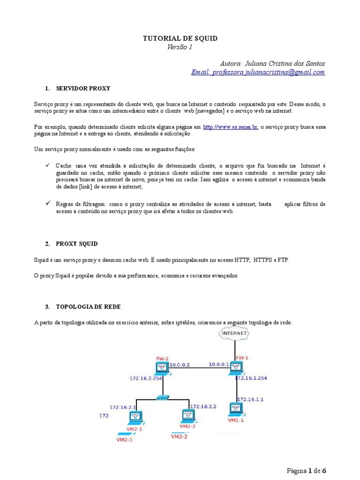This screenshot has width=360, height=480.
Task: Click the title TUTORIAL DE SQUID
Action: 180,38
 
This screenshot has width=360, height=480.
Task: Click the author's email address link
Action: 258,72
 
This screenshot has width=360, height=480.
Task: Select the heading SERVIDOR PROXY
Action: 83,88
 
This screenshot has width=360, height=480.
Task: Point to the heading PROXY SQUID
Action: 77,244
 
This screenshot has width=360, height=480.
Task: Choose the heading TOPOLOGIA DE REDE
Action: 88,307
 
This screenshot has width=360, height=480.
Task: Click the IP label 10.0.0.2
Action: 179,364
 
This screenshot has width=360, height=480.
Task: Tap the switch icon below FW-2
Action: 162,397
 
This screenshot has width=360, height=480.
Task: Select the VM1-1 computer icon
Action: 235,409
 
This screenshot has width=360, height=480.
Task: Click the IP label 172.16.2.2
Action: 203,406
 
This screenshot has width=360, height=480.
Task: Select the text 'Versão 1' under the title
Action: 180,47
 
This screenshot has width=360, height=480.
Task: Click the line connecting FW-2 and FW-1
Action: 199,368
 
